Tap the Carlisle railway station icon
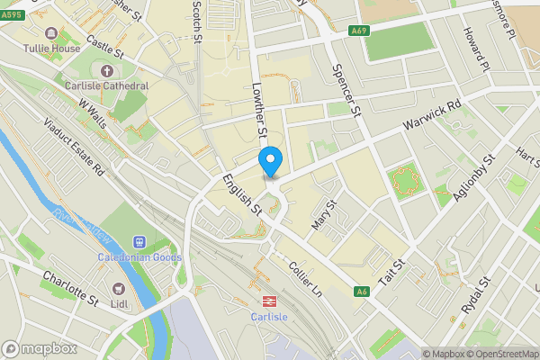point(267,301)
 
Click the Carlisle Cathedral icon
point(108,70)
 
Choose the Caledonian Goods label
point(139,257)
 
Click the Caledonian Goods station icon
point(139,241)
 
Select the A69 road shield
point(359,31)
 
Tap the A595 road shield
point(11,28)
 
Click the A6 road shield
point(362,292)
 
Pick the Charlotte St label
point(69,288)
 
